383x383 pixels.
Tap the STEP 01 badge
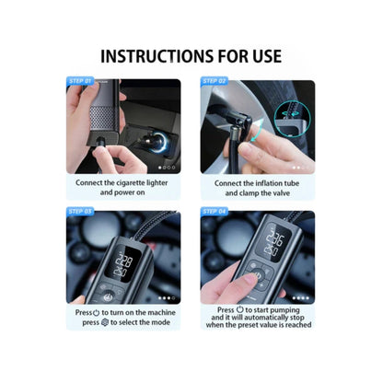(80, 81)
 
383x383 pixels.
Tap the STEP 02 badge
(215, 81)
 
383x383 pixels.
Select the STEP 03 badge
(80, 212)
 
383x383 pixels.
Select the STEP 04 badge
(215, 212)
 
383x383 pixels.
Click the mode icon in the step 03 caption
(103, 324)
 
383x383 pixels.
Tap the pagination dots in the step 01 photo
(167, 168)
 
